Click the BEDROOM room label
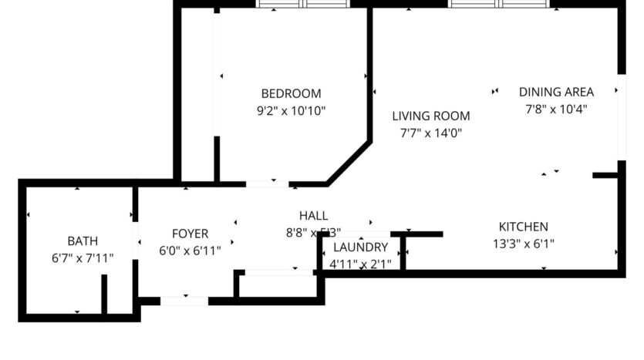click(x=291, y=93)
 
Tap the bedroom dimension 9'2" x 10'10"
click(x=291, y=111)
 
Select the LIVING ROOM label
click(x=430, y=116)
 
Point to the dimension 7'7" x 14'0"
click(x=430, y=133)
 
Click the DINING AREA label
click(x=556, y=92)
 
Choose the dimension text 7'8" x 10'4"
click(x=556, y=109)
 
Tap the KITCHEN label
click(x=523, y=227)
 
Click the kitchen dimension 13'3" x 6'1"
click(x=523, y=244)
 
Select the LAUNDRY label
click(x=360, y=247)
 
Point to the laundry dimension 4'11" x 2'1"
click(x=360, y=264)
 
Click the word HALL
click(x=313, y=215)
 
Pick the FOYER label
click(x=190, y=234)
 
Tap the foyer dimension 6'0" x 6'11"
click(x=190, y=251)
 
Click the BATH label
click(x=83, y=241)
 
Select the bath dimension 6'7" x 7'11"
click(x=83, y=258)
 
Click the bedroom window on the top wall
click(x=302, y=5)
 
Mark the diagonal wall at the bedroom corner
click(x=349, y=163)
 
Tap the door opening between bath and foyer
click(x=136, y=240)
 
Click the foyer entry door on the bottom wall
click(x=184, y=301)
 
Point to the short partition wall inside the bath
click(x=104, y=294)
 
